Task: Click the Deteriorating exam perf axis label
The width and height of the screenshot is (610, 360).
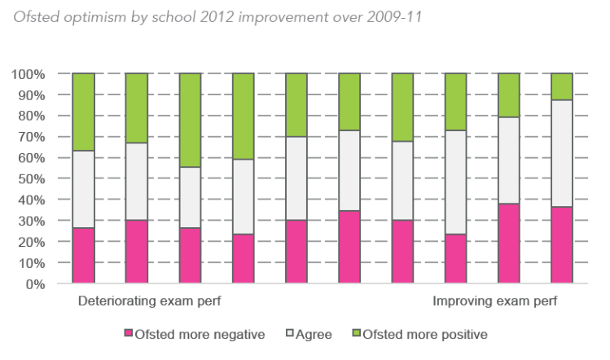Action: tap(149, 302)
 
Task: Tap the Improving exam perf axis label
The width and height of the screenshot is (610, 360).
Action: tap(495, 302)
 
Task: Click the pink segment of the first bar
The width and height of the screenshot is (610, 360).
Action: tap(83, 256)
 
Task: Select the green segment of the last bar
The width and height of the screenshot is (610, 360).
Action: tap(562, 86)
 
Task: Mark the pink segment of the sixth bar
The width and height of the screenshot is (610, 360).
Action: tap(349, 247)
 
